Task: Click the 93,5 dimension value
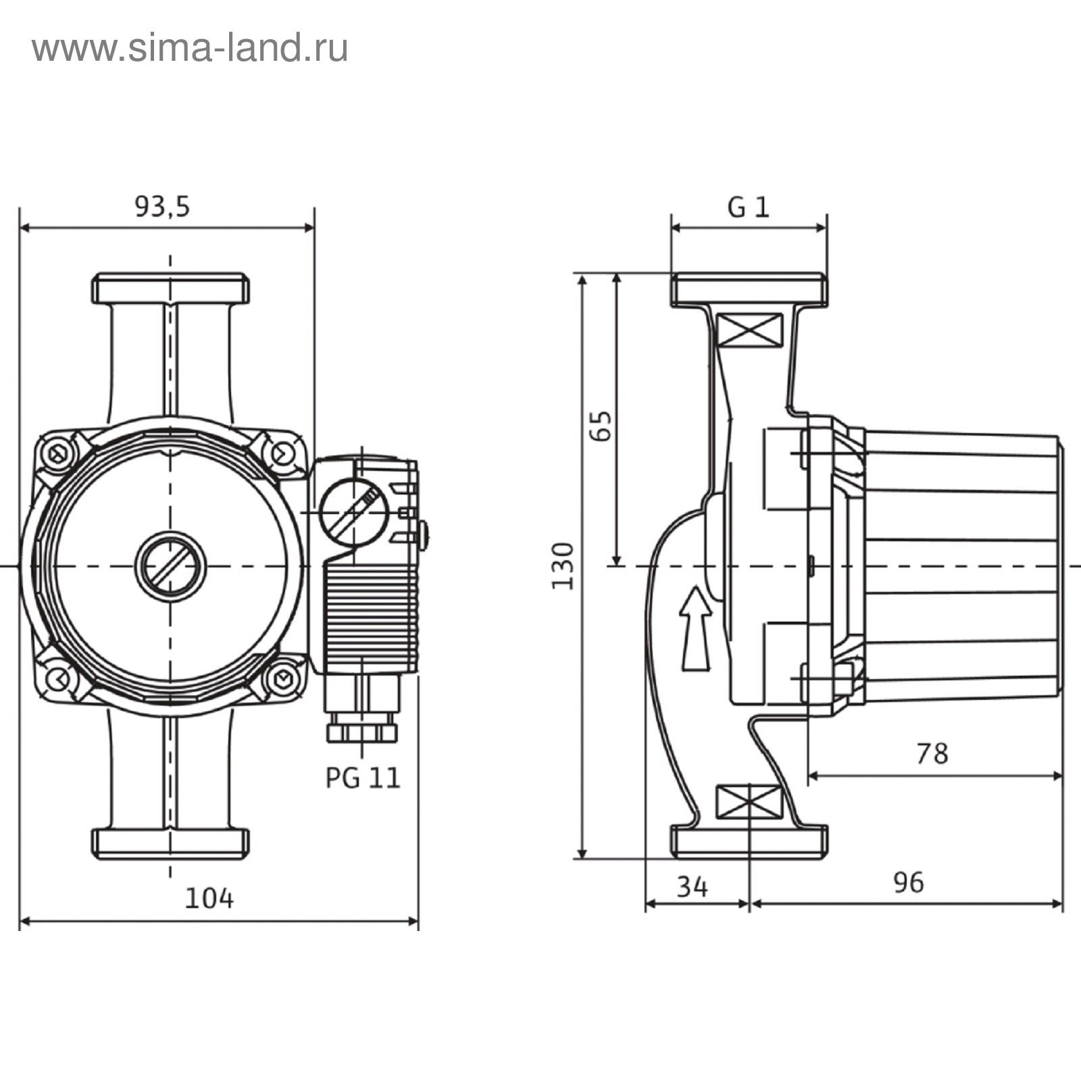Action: (162, 207)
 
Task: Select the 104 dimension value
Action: (209, 899)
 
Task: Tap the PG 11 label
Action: (363, 778)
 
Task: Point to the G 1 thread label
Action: (749, 207)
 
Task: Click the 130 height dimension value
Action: (563, 565)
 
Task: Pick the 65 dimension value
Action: (600, 426)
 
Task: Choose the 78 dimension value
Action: (932, 753)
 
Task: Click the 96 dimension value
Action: (907, 882)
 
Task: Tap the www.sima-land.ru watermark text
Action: (190, 49)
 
